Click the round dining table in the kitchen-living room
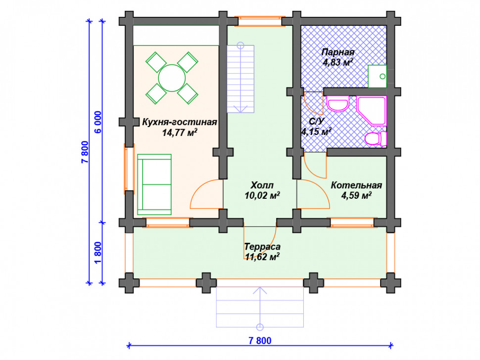(x=172, y=78)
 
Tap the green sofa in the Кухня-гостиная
(x=154, y=184)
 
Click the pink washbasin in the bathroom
(x=338, y=104)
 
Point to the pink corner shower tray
(x=372, y=111)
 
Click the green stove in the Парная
(x=377, y=76)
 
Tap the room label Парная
(x=338, y=52)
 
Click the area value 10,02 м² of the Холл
(x=262, y=195)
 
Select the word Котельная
(x=356, y=185)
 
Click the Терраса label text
(x=262, y=247)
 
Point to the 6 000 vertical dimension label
(x=98, y=122)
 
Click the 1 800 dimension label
(x=98, y=253)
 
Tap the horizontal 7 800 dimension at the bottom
(x=260, y=340)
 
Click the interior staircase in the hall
(x=240, y=79)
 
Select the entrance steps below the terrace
(x=260, y=307)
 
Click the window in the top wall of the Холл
(x=260, y=21)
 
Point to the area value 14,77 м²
(x=180, y=133)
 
